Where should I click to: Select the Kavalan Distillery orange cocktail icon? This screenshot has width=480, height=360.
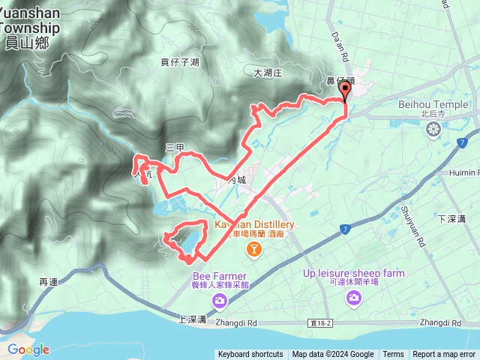255,248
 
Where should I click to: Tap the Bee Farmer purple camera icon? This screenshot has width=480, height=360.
220,301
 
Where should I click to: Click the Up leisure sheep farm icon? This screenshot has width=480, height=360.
353,299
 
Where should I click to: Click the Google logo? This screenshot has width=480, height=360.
28,349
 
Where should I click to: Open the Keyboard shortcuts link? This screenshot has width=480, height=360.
250,355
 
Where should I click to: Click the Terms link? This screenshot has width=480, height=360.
393,355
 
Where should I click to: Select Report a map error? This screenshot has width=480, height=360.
444,355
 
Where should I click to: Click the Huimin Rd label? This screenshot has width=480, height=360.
464,172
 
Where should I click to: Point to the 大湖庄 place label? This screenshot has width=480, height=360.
266,73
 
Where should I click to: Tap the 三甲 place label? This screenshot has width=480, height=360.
174,148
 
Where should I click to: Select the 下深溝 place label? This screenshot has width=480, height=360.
451,218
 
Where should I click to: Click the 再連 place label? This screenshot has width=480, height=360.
48,282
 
